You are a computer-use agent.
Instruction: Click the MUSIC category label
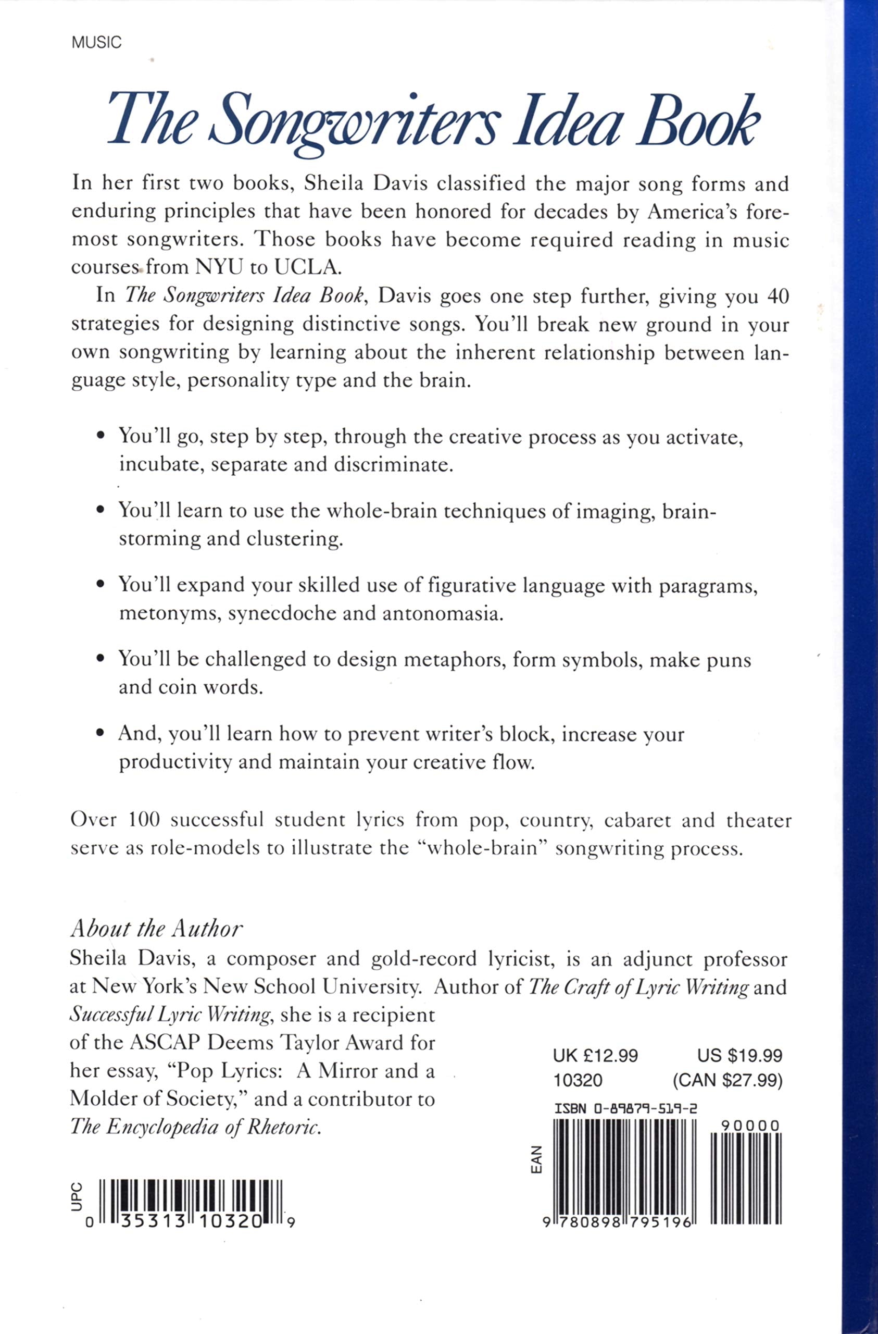point(96,43)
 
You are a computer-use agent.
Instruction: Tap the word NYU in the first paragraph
point(219,267)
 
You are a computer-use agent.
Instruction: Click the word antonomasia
point(443,613)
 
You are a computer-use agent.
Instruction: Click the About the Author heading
point(157,929)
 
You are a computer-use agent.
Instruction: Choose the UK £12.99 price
point(595,1055)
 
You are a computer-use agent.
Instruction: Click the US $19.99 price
point(739,1055)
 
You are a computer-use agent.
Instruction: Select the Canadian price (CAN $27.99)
point(728,1080)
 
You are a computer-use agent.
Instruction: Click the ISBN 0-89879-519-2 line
point(625,1108)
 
